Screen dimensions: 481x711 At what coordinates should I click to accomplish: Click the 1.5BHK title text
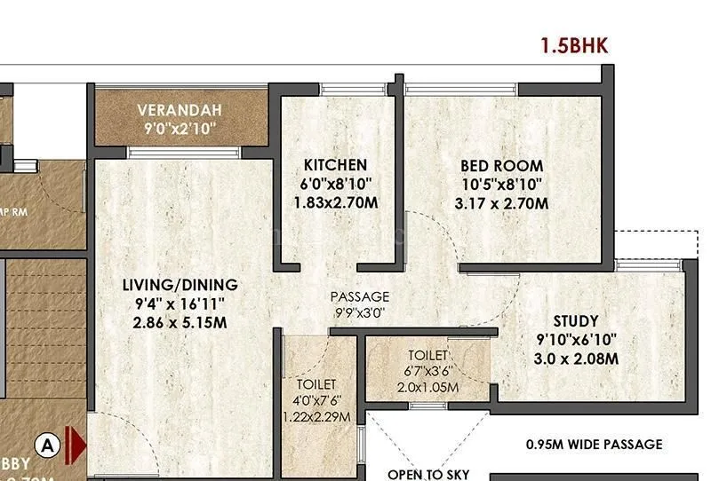click(x=574, y=47)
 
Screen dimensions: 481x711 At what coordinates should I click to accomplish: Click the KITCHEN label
click(x=335, y=165)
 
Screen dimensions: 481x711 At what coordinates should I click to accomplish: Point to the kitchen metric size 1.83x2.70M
click(x=335, y=203)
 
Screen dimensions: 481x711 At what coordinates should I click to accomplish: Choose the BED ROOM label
click(x=501, y=165)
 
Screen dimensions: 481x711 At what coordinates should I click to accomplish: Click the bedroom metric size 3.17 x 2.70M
click(x=501, y=203)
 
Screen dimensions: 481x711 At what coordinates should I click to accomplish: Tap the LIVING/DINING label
click(x=180, y=285)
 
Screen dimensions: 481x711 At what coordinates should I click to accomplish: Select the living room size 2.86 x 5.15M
click(x=180, y=322)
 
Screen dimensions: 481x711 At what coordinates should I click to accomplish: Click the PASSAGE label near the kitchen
click(x=359, y=296)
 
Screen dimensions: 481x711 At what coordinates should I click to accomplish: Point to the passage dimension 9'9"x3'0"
click(x=359, y=311)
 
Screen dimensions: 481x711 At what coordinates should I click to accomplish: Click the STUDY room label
click(x=576, y=320)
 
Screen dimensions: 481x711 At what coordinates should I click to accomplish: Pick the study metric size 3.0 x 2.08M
click(x=576, y=359)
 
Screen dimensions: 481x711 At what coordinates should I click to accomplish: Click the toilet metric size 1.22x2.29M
click(x=316, y=416)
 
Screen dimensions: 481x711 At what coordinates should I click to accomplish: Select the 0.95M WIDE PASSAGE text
click(x=594, y=444)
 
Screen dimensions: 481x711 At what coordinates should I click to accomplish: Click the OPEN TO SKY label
click(x=428, y=474)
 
